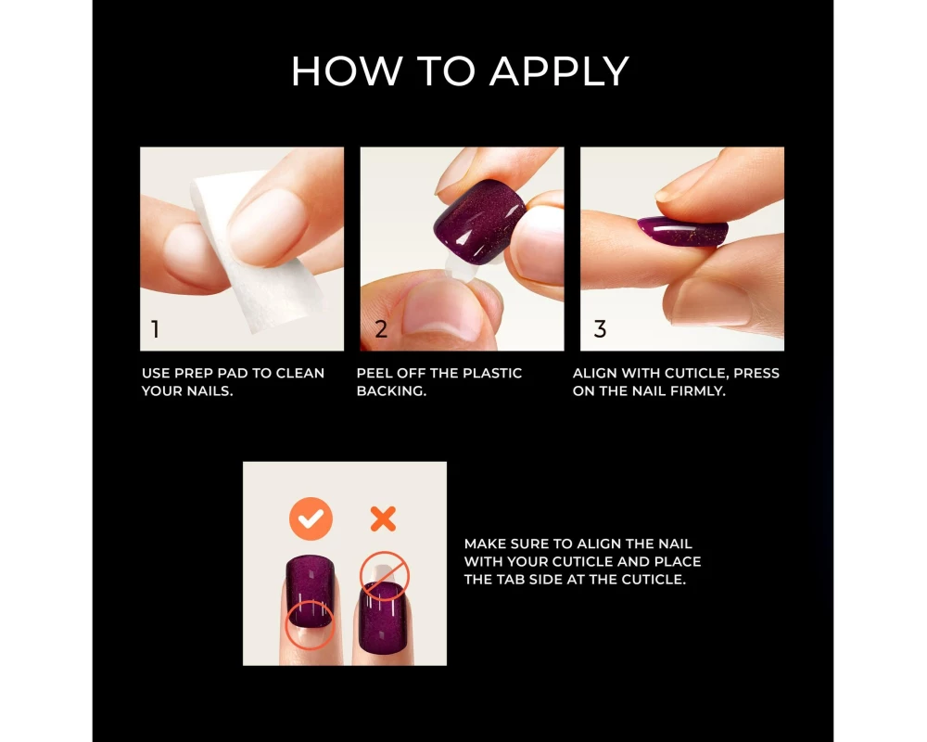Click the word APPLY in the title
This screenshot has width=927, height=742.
[x=559, y=71]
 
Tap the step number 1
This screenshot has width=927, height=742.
[x=156, y=329]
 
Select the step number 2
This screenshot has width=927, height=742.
[x=381, y=329]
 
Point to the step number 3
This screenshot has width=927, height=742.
[x=600, y=329]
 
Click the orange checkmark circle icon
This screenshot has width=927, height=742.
[x=311, y=518]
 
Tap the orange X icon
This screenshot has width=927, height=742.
[x=383, y=518]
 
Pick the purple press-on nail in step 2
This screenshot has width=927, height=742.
[x=478, y=222]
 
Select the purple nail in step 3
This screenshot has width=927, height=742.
[x=683, y=231]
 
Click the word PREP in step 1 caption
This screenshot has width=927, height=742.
[x=194, y=374]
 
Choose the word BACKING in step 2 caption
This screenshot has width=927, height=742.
[x=391, y=391]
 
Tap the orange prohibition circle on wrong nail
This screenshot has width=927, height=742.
[x=385, y=576]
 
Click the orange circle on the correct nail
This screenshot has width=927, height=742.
[x=310, y=625]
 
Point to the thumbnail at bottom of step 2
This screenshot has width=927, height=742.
[x=442, y=311]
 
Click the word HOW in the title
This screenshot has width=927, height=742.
[x=347, y=71]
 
